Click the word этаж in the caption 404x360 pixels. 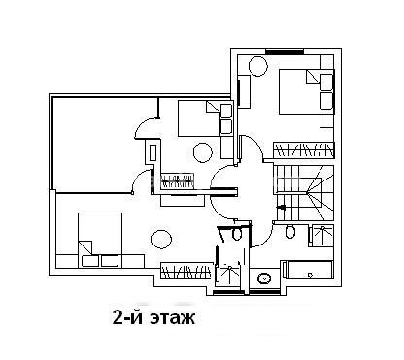(172, 318)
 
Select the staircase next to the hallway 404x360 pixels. (304, 193)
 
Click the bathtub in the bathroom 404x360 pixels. (308, 270)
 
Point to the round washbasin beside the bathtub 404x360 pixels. (264, 278)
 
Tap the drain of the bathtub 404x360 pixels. (310, 276)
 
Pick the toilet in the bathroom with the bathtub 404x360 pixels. (290, 231)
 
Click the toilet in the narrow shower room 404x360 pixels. (237, 234)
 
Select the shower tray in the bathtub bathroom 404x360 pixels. (320, 236)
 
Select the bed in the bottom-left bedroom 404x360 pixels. (100, 240)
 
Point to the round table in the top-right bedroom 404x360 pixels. (258, 66)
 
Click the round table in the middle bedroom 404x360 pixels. (203, 152)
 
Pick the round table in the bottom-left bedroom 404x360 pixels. (161, 239)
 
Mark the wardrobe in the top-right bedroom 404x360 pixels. (304, 150)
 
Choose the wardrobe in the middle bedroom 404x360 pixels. (178, 180)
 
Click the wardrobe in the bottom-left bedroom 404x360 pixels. (185, 271)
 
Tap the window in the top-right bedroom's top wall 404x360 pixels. (285, 51)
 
